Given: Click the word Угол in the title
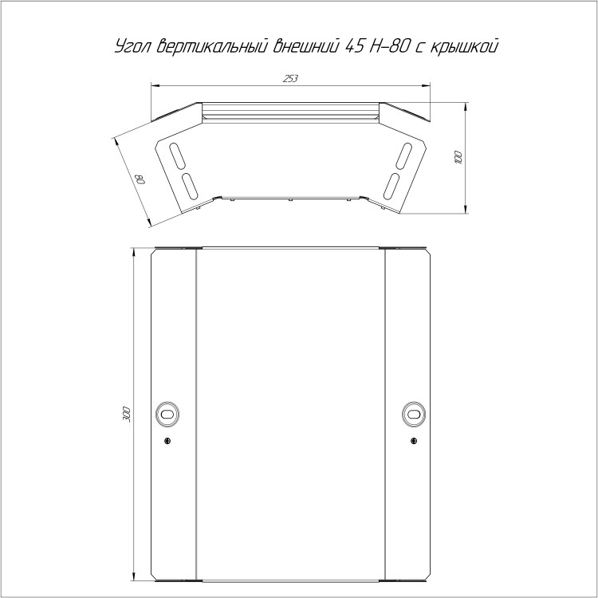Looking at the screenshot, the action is (x=132, y=47).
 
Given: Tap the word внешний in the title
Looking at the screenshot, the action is (x=306, y=45).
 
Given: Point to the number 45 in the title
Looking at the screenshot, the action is (x=354, y=46).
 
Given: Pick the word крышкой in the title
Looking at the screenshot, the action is (x=464, y=46).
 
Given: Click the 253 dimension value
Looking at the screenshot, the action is (x=290, y=79).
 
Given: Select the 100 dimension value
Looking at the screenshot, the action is (x=458, y=158).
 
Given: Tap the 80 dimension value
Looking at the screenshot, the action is (x=140, y=179).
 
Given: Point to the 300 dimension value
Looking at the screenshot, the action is (x=127, y=415).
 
